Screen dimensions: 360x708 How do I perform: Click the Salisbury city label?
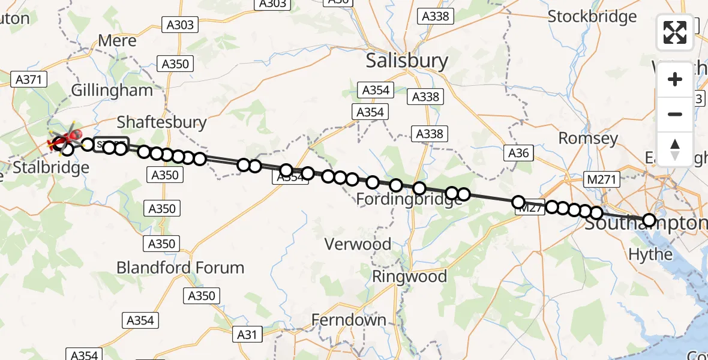[407, 61]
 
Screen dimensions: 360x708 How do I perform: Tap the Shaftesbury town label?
[161, 122]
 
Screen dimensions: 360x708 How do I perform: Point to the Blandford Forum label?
[180, 268]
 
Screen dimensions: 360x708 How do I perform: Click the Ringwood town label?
[409, 277]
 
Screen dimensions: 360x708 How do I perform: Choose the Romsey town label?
[588, 139]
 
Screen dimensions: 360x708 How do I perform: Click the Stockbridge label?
[592, 17]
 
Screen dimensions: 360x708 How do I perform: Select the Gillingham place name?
[112, 91]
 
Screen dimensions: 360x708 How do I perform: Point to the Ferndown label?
[349, 320]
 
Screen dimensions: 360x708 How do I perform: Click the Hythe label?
[650, 254]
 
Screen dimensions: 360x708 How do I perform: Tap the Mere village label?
[117, 41]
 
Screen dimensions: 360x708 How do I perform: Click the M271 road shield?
[601, 179]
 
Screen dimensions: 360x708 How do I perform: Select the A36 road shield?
[518, 153]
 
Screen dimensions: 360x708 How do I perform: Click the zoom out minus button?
[675, 114]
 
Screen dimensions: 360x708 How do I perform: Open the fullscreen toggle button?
[675, 32]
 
